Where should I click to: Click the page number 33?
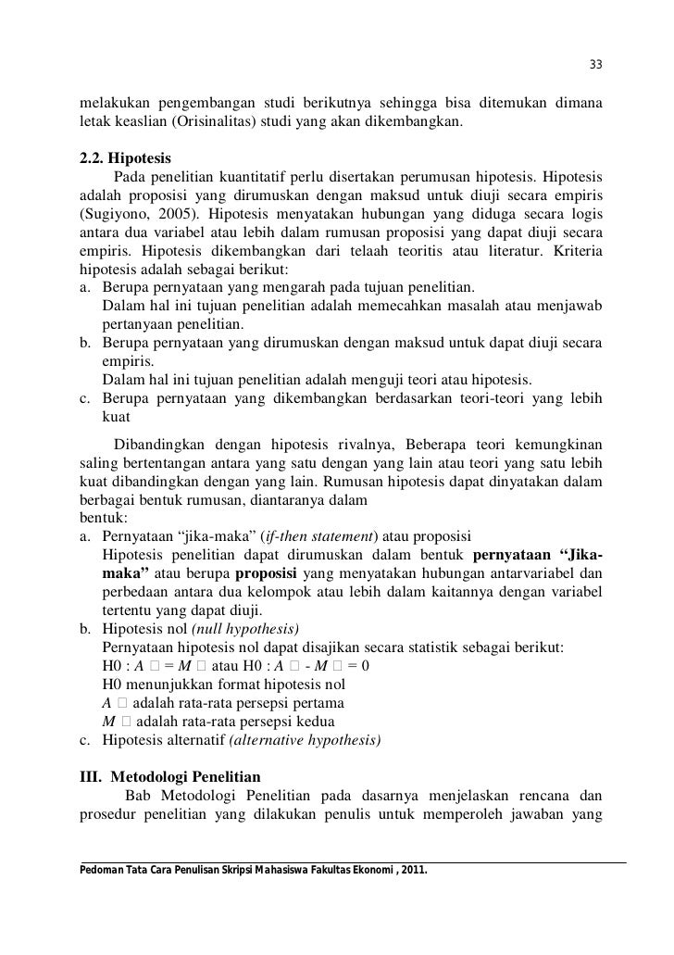(596, 64)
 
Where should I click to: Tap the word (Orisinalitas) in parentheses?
(211, 121)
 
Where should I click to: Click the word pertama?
(306, 703)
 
